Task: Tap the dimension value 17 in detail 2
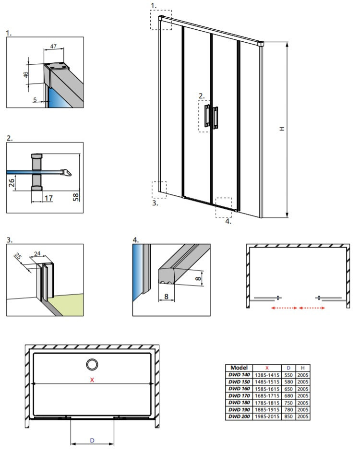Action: (48, 197)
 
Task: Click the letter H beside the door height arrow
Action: (282, 129)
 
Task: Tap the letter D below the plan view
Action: (92, 440)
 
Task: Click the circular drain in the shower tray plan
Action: (92, 365)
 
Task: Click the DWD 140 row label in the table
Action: (239, 374)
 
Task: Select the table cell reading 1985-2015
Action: (266, 417)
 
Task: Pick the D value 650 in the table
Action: (288, 389)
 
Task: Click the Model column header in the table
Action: (239, 367)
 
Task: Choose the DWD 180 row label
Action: (239, 403)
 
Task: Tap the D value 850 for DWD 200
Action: (288, 417)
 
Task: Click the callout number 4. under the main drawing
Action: (228, 221)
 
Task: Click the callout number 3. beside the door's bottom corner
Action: (155, 203)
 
